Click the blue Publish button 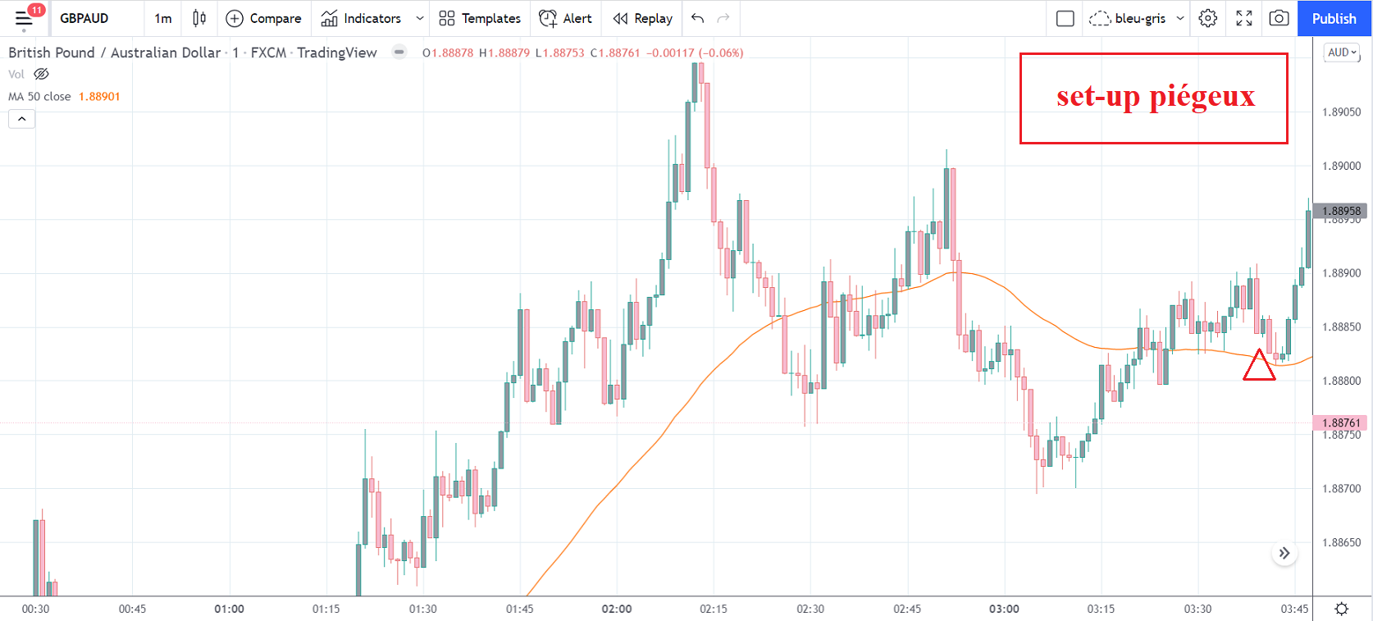coord(1334,18)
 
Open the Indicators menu coord(362,18)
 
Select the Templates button coord(480,18)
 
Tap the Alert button coord(565,18)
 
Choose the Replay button coord(643,18)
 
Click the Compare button coord(264,18)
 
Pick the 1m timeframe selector coord(163,18)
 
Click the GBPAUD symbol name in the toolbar coord(84,18)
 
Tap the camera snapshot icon coord(1279,18)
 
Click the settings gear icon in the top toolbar coord(1208,18)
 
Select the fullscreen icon coord(1244,18)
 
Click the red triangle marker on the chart coord(1259,367)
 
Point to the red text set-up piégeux coord(1155,97)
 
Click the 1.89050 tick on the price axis coord(1341,112)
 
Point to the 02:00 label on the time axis coord(617,609)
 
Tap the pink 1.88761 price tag coord(1341,422)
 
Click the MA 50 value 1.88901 coord(99,97)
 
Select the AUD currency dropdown coord(1342,53)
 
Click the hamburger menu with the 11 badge coord(24,18)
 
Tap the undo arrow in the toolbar coord(698,18)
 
